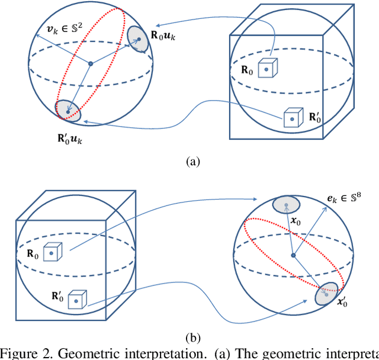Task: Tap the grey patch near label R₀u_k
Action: [x=137, y=40]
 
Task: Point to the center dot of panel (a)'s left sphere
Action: [x=90, y=63]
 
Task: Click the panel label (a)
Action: [x=194, y=162]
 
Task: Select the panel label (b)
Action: [x=194, y=338]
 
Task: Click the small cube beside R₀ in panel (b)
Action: [x=53, y=253]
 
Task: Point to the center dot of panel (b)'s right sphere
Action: [x=293, y=255]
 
